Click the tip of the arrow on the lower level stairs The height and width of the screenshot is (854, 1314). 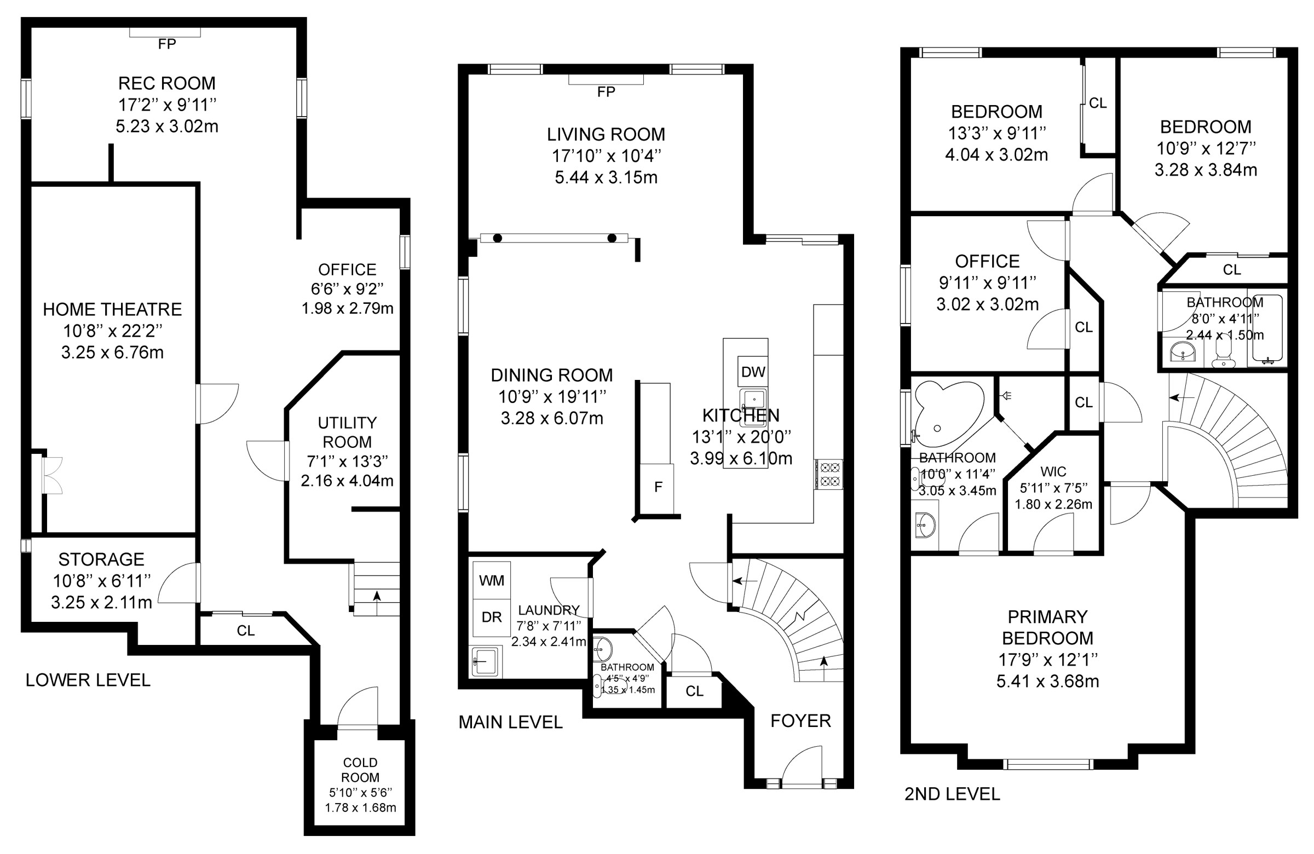click(377, 591)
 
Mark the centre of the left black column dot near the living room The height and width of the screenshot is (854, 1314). click(498, 239)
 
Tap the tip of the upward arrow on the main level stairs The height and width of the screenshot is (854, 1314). click(825, 655)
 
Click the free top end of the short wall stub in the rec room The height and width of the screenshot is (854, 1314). click(111, 145)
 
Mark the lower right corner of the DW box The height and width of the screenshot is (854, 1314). click(768, 386)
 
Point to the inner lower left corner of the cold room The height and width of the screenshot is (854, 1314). click(315, 826)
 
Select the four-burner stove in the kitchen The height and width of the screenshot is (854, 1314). click(829, 474)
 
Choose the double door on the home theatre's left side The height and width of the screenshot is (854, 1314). click(53, 475)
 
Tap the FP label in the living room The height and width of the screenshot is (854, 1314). click(606, 92)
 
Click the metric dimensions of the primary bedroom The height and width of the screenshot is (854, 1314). click(1047, 681)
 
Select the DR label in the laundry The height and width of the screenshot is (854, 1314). click(491, 617)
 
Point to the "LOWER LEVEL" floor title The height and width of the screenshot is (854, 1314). click(88, 680)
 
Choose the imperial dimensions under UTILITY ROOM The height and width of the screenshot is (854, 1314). click(347, 461)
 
